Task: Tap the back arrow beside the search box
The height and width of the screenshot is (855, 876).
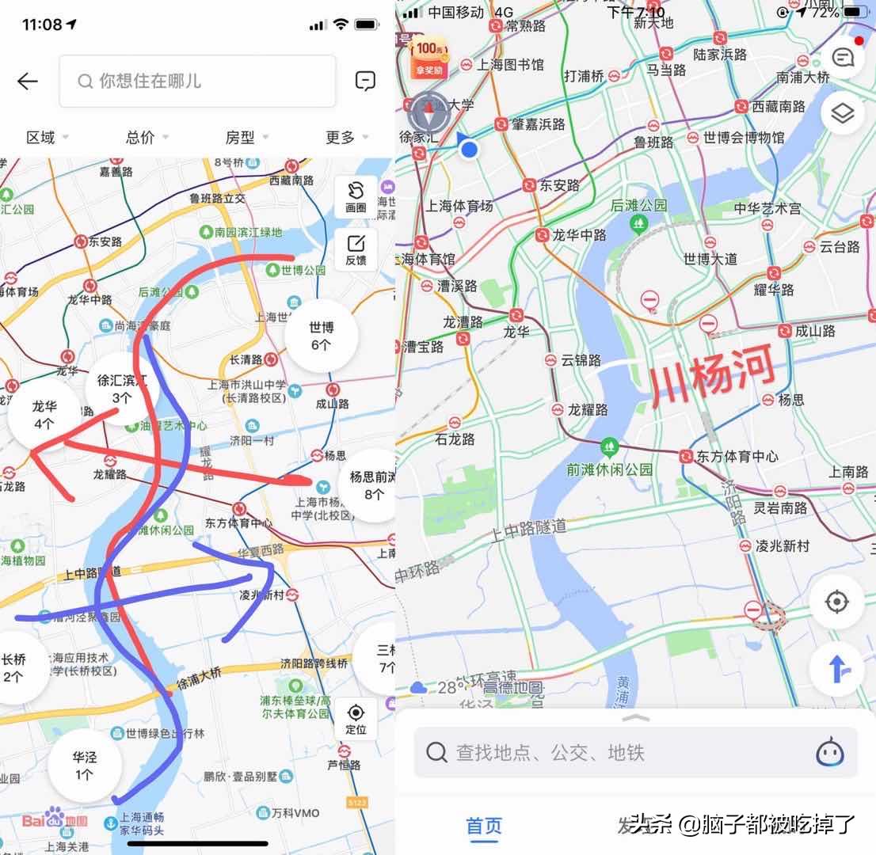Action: pyautogui.click(x=28, y=81)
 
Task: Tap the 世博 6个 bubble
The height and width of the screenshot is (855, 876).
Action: pyautogui.click(x=321, y=336)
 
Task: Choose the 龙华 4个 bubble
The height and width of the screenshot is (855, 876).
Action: pyautogui.click(x=44, y=415)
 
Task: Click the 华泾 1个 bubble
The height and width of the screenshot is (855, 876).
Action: pyautogui.click(x=85, y=765)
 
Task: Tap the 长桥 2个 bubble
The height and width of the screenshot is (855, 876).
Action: pyautogui.click(x=14, y=667)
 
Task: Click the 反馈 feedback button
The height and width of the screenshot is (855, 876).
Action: pyautogui.click(x=356, y=249)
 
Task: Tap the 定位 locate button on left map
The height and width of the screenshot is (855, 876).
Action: pyautogui.click(x=356, y=718)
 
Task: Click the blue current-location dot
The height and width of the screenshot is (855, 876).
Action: pyautogui.click(x=470, y=149)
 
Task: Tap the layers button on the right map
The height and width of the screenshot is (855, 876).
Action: pyautogui.click(x=842, y=114)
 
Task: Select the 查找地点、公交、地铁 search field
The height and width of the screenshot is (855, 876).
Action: pyautogui.click(x=618, y=752)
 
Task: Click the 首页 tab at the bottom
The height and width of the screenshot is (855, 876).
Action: pyautogui.click(x=484, y=826)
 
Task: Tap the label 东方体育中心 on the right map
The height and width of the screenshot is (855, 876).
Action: pyautogui.click(x=737, y=456)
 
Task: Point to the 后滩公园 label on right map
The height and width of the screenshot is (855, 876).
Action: pyautogui.click(x=638, y=205)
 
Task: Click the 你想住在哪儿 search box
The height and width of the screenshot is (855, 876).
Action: pyautogui.click(x=197, y=81)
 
